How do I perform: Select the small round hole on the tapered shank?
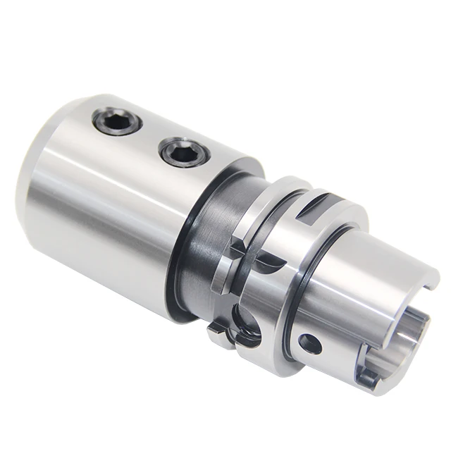(x=309, y=343)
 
